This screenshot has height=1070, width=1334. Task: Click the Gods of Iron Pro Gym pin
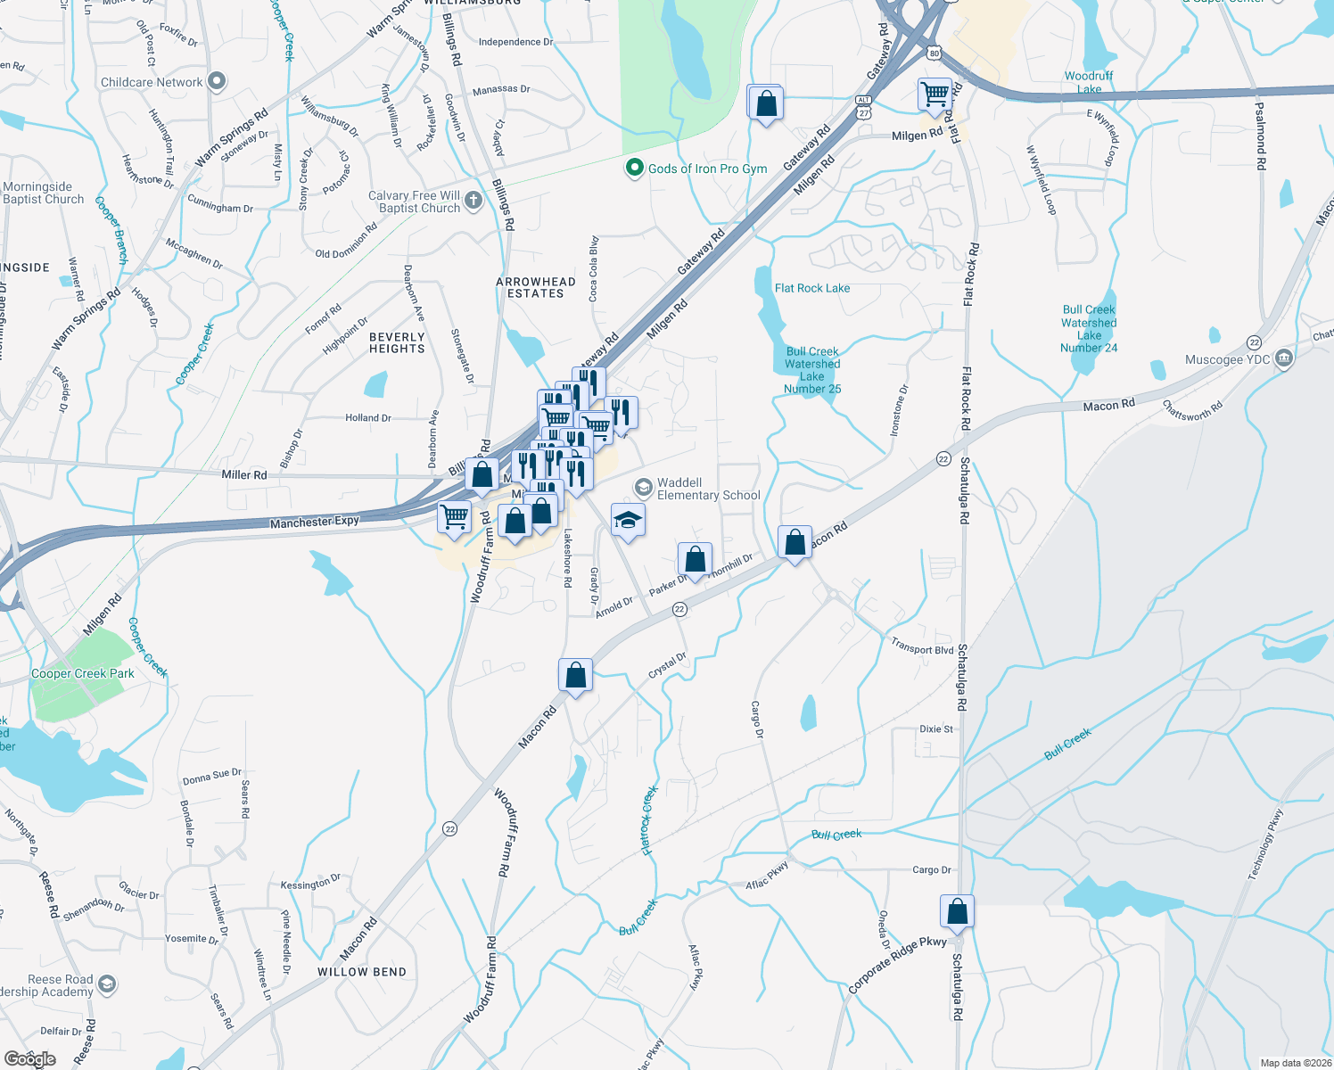pyautogui.click(x=634, y=168)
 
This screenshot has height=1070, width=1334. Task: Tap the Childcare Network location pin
pyautogui.click(x=217, y=82)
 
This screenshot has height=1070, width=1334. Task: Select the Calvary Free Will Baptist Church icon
pyautogui.click(x=473, y=201)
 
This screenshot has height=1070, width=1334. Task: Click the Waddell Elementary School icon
pyautogui.click(x=643, y=488)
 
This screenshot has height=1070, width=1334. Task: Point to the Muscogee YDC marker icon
pyautogui.click(x=1284, y=358)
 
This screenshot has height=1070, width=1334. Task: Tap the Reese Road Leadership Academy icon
pyautogui.click(x=107, y=984)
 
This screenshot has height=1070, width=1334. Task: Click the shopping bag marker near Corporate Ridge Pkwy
pyautogui.click(x=957, y=912)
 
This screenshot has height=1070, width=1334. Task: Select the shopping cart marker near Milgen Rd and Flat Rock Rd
pyautogui.click(x=935, y=94)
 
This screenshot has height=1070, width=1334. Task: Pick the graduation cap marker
pyautogui.click(x=628, y=521)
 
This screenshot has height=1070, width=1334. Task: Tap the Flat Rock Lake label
pyautogui.click(x=811, y=288)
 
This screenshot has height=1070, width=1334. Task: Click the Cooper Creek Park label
pyautogui.click(x=83, y=674)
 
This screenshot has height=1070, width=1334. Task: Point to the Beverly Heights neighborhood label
pyautogui.click(x=397, y=343)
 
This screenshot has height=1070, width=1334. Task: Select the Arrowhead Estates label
pyautogui.click(x=535, y=287)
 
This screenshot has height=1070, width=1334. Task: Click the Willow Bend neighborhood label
pyautogui.click(x=362, y=972)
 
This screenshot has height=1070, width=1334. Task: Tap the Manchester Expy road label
pyautogui.click(x=314, y=522)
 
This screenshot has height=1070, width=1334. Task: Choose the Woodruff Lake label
pyautogui.click(x=1089, y=82)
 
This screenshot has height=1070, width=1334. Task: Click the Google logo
pyautogui.click(x=29, y=1058)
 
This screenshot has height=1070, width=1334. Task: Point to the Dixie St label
pyautogui.click(x=935, y=729)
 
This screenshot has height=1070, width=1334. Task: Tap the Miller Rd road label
pyautogui.click(x=243, y=474)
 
